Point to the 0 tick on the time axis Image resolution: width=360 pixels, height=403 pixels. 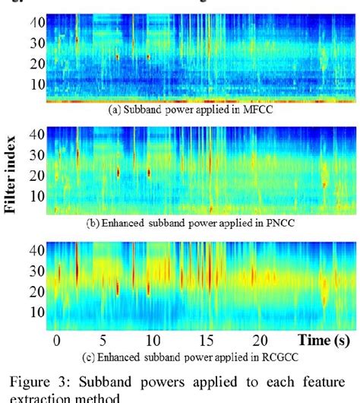(x=56, y=339)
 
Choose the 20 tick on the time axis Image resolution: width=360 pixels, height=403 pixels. (x=259, y=339)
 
